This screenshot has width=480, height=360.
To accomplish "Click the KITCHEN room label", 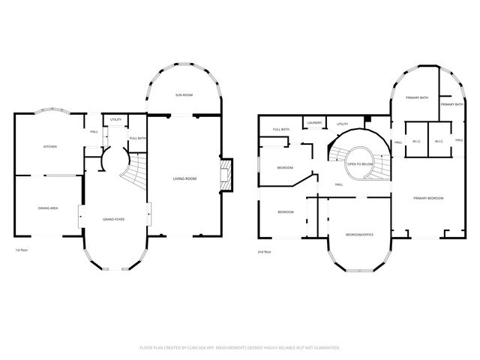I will pos(49,147).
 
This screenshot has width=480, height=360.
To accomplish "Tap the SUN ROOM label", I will pos(184,95).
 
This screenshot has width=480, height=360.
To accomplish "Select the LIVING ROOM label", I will pos(184,178).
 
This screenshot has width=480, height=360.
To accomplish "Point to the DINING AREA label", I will pos(49,208).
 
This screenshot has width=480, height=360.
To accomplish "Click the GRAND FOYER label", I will pos(114,219).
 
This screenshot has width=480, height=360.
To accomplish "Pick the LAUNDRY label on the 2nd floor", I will pos(314,123).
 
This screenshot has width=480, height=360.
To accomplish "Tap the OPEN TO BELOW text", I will pos(360,163).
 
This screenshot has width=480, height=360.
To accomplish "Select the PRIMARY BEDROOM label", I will pos(427,198).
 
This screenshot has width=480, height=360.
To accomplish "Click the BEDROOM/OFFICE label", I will pos(358,235).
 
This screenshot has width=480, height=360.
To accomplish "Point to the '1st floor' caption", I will pos(22,250).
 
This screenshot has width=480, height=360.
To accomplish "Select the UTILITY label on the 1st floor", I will pos(115,120).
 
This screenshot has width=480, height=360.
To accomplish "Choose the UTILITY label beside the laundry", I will pos(342,124).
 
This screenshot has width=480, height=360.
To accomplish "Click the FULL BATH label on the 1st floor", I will pos(137,139).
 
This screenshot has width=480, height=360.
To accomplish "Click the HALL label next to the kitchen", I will pos(94,132).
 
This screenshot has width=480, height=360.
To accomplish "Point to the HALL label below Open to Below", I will pos(339,184).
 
